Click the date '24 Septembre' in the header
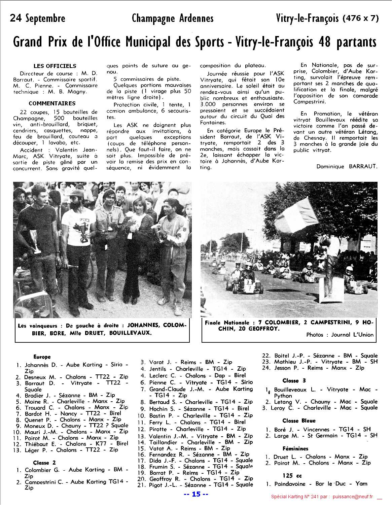(x=37, y=18)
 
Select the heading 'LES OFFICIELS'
(x=55, y=66)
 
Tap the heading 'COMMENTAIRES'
(x=52, y=103)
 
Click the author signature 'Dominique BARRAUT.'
(x=347, y=166)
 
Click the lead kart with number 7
(x=248, y=285)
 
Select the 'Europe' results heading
(x=42, y=357)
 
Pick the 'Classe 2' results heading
(x=44, y=463)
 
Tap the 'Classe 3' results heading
(x=294, y=381)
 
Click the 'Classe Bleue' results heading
(x=299, y=421)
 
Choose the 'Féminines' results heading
(x=295, y=448)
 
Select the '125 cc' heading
(x=292, y=476)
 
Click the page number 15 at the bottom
(x=196, y=494)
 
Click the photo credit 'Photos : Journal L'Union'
(x=340, y=335)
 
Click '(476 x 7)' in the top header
(x=360, y=19)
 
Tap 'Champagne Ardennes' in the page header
(x=173, y=18)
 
